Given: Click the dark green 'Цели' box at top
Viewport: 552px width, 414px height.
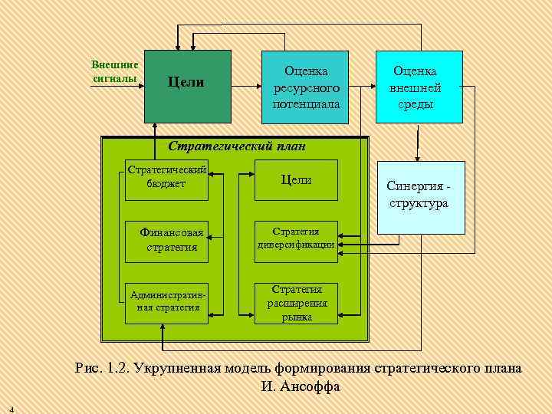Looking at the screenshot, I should (x=188, y=86).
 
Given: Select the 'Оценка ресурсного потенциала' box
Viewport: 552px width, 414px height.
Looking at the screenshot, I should (x=305, y=87).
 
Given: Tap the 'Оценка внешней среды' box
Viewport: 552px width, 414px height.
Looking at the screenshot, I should (x=419, y=87).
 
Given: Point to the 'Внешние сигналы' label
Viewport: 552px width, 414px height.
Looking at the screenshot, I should (x=114, y=71).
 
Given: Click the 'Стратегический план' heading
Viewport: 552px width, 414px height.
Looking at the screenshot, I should (x=236, y=146).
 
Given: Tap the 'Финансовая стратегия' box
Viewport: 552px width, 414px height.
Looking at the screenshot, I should (x=172, y=239).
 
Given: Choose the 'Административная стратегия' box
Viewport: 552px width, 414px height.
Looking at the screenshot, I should (x=167, y=301).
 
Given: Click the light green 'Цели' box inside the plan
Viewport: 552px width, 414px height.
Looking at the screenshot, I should (x=296, y=179).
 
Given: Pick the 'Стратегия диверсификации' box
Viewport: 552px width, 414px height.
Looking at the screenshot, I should (x=296, y=238).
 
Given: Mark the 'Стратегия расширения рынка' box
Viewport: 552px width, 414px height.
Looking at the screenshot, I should (x=296, y=302).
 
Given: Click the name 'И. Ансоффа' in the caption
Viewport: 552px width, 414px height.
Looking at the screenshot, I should (x=301, y=386).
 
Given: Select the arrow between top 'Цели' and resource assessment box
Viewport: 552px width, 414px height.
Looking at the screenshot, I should (x=246, y=86).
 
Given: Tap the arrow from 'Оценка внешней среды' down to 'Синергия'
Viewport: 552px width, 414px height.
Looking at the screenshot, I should (x=418, y=143).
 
